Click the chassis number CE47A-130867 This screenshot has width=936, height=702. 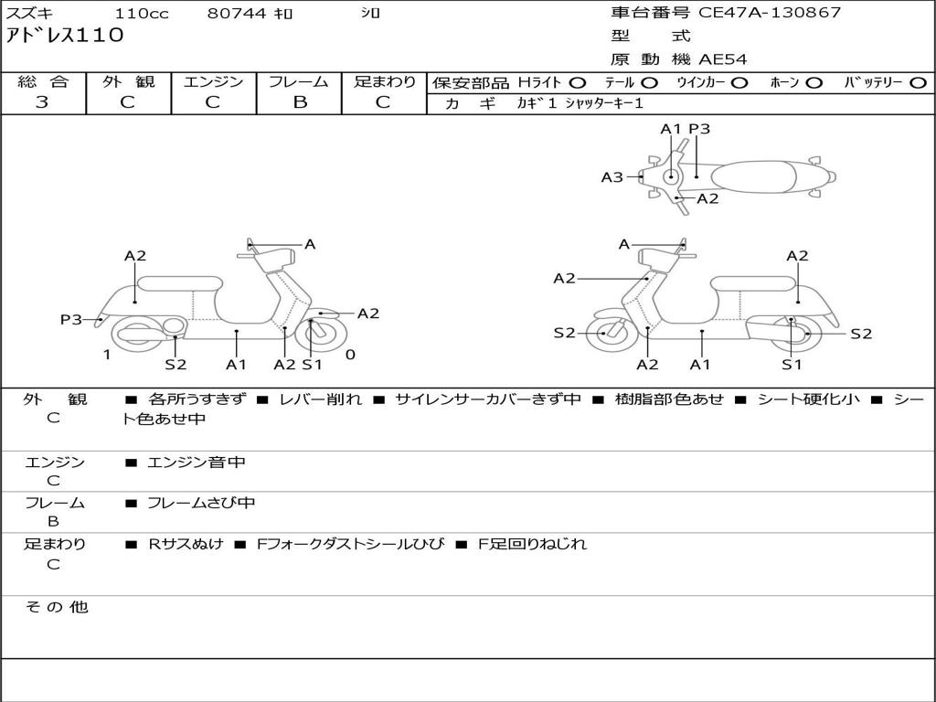[770, 13]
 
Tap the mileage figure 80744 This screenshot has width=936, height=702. [237, 13]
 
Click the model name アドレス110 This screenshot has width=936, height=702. [65, 36]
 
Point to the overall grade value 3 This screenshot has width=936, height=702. [42, 101]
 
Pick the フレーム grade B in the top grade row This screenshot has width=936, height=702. [300, 101]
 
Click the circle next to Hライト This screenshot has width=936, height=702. [578, 83]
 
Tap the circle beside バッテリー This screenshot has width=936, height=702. [918, 83]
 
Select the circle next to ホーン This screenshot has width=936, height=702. [814, 83]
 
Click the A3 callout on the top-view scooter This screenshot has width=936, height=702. [612, 176]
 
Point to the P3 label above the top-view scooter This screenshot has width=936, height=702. [699, 129]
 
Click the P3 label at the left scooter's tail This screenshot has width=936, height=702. [71, 319]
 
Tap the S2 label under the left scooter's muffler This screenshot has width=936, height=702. [175, 364]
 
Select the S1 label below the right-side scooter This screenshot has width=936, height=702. [792, 364]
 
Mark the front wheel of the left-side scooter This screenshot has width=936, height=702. [324, 335]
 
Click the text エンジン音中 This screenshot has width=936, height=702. [197, 462]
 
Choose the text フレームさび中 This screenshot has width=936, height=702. [201, 503]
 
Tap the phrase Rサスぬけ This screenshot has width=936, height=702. [186, 544]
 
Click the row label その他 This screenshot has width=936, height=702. [57, 607]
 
